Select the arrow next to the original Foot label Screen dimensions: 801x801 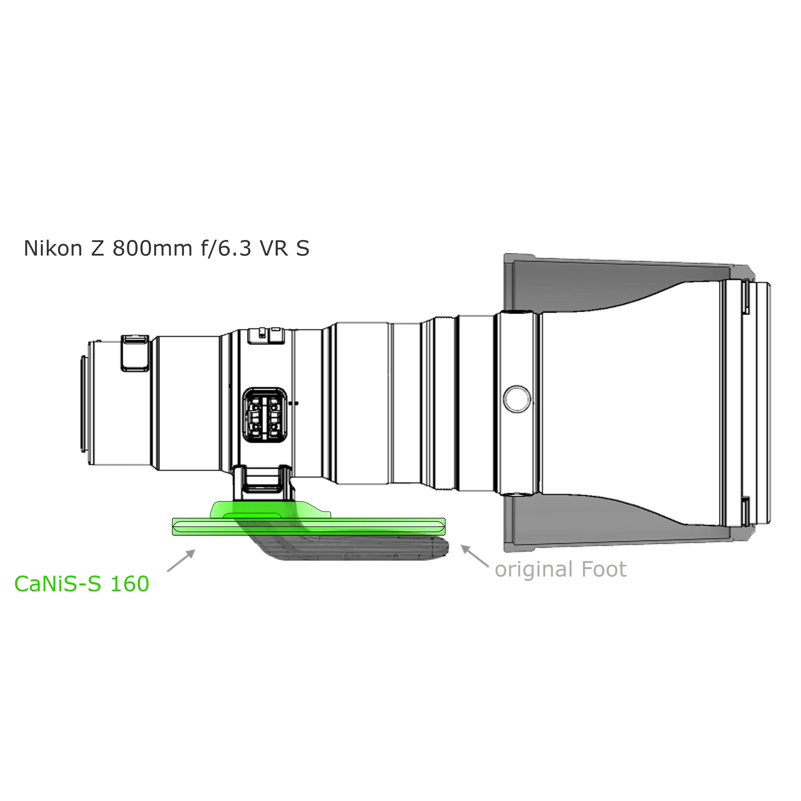coord(475,555)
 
